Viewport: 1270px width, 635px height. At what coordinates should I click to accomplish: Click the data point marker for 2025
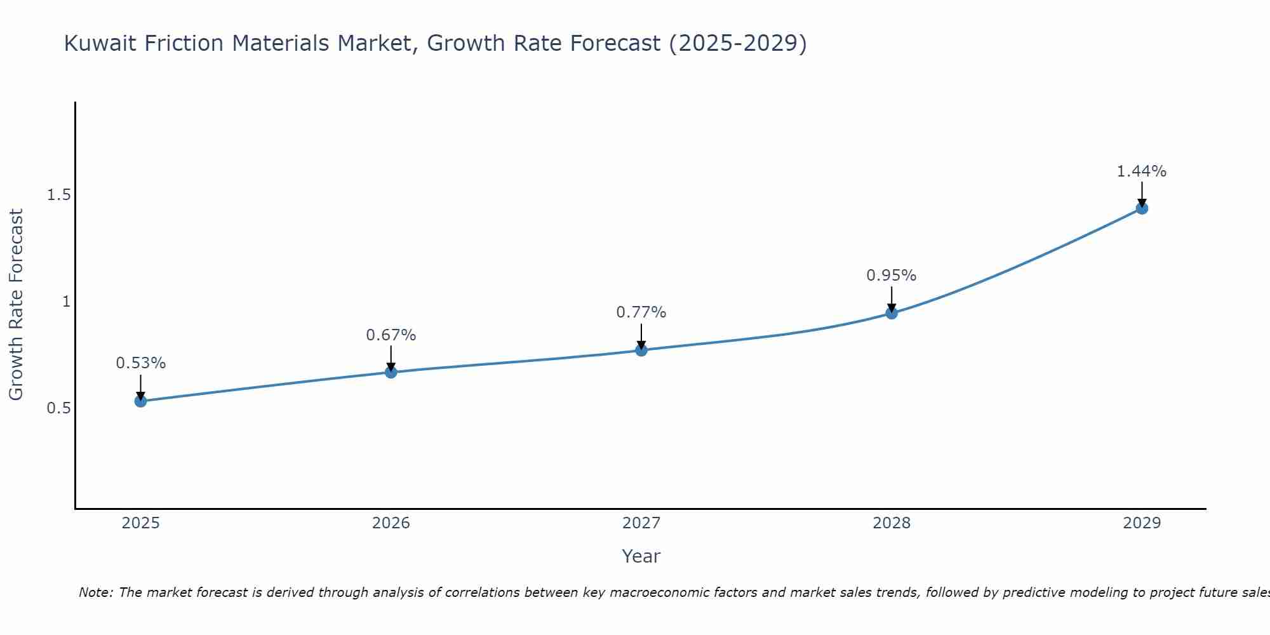[141, 401]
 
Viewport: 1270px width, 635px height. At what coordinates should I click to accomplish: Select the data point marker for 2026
[391, 372]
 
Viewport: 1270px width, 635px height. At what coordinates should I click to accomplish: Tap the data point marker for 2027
[641, 350]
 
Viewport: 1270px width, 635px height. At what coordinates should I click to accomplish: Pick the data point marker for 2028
[892, 313]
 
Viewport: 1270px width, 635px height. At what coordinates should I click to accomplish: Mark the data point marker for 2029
[1142, 208]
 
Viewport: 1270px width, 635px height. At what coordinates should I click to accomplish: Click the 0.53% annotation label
[141, 363]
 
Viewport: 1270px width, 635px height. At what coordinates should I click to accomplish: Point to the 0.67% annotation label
[391, 335]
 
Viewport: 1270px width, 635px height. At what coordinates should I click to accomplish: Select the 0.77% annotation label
[641, 312]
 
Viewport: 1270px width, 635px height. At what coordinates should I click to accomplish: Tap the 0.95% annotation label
[892, 276]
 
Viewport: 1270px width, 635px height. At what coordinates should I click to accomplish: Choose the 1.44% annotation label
[1142, 171]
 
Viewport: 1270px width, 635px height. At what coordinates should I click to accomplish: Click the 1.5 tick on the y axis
[58, 195]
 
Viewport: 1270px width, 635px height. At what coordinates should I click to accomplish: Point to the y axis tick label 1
[66, 302]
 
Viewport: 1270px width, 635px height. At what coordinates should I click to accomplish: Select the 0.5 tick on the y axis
[58, 408]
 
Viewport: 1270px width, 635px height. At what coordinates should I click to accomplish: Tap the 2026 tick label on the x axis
[391, 523]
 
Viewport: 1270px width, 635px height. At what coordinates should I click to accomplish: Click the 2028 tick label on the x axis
[892, 523]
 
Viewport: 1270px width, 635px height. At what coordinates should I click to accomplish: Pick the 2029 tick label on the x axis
[1142, 523]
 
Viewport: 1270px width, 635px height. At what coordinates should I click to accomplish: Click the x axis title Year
[641, 556]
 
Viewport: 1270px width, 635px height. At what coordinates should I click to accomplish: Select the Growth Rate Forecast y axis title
[17, 305]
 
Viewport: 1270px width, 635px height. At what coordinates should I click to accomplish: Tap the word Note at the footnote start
[95, 592]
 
